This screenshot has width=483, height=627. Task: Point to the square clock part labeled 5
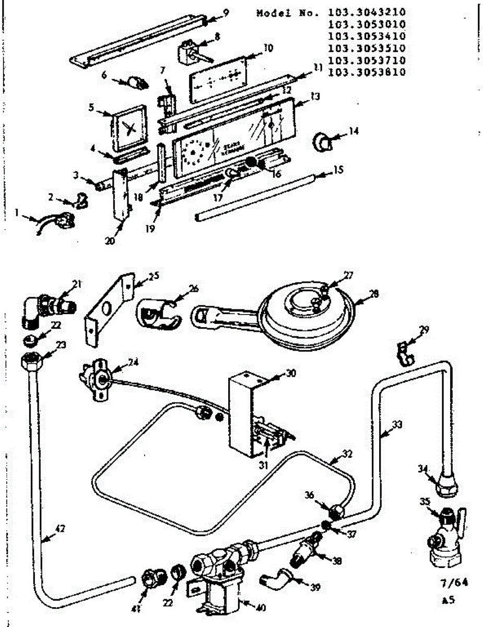tap(129, 127)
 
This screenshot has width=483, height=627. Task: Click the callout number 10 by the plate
tap(268, 48)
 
